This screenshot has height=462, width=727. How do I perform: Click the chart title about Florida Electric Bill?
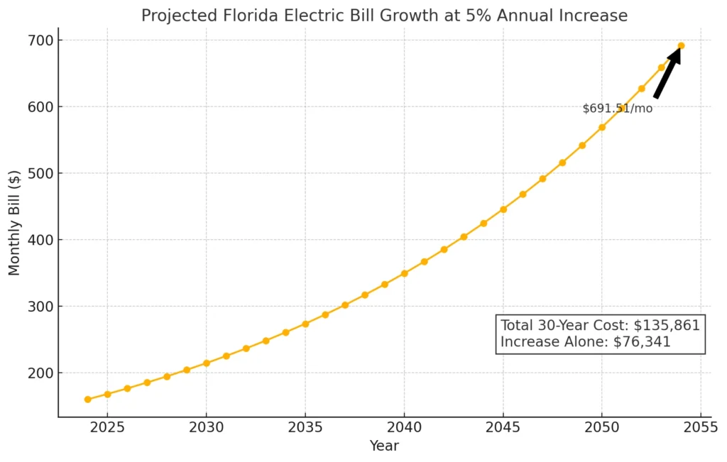384,15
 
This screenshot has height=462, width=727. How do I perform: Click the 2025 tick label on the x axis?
107,428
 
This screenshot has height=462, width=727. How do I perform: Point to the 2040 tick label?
404,428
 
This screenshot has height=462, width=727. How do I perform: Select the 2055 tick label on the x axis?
701,428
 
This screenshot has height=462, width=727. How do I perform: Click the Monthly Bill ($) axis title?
15,222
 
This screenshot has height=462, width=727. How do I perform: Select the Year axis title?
384,446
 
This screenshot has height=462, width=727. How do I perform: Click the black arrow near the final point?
667,72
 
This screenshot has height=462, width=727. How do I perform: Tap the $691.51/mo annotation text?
617,109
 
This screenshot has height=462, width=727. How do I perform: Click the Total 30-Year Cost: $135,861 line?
600,326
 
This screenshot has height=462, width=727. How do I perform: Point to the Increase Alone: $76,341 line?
586,342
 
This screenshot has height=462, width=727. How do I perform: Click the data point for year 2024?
87,400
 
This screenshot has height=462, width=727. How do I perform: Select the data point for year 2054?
681,46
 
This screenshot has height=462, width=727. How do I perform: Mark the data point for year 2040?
404,273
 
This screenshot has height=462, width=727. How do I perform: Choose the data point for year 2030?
206,363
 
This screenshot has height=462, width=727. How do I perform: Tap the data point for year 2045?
503,209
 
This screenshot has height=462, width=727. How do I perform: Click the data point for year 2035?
305,324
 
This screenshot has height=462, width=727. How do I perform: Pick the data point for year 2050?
601,128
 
